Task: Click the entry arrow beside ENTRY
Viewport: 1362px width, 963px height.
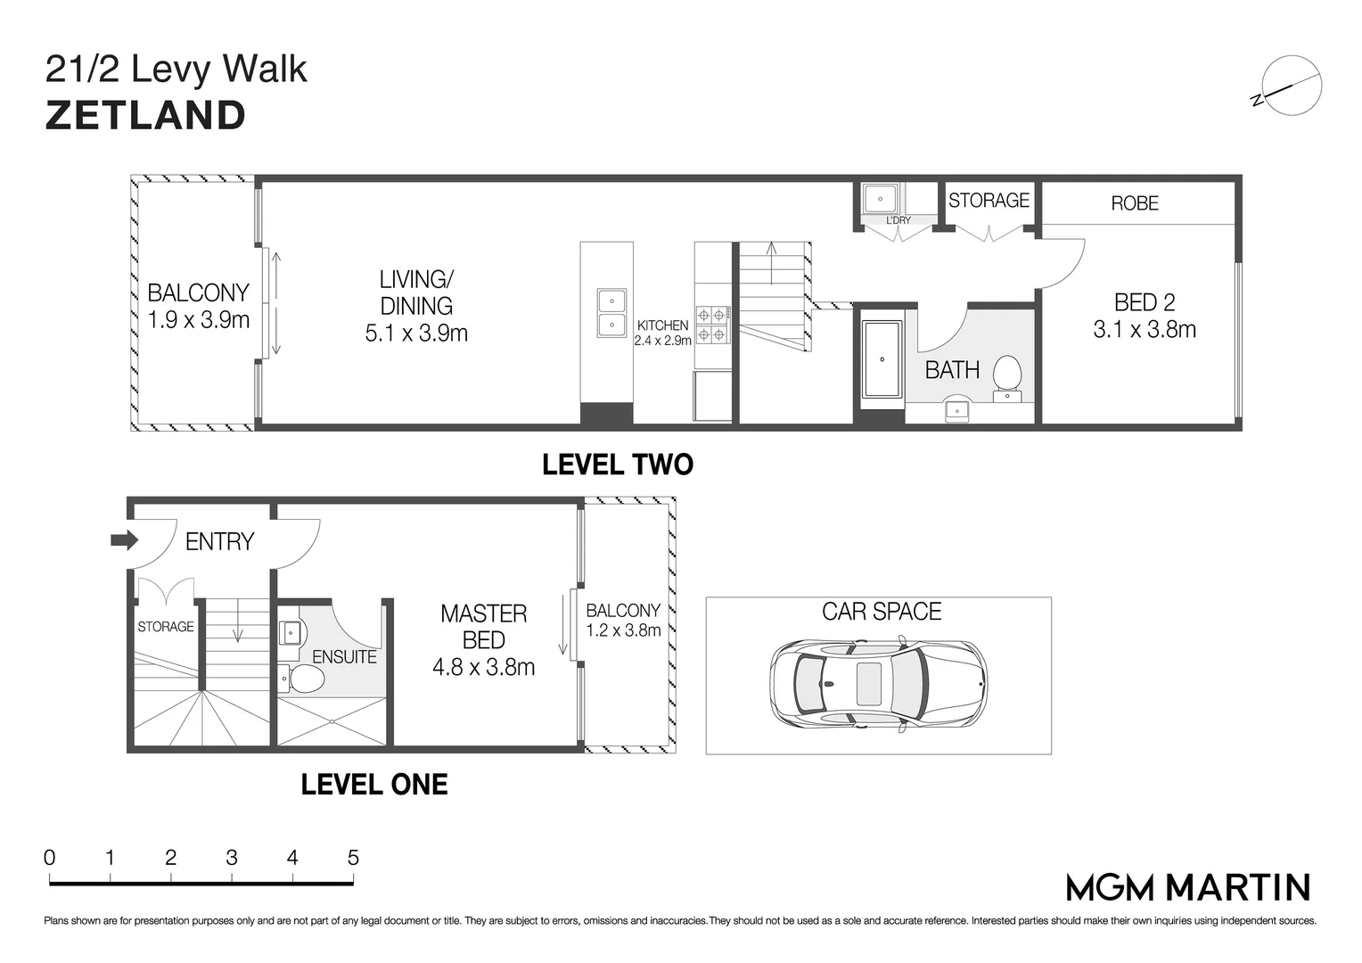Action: coord(124,540)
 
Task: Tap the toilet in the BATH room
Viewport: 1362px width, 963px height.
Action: coord(1007,377)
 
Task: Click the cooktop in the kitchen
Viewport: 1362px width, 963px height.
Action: coord(712,325)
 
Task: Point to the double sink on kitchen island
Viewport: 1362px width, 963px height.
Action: coord(611,313)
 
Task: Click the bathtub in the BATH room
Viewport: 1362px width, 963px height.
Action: coord(882,359)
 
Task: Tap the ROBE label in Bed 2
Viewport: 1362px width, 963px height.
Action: coord(1135,203)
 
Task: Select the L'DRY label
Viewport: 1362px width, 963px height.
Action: coord(898,220)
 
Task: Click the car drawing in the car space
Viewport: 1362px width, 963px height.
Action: coord(878,682)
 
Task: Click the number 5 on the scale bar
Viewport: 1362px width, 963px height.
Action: coord(353,858)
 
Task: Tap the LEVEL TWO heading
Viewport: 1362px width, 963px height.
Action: coord(617,465)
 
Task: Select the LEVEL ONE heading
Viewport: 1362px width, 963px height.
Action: coord(374,785)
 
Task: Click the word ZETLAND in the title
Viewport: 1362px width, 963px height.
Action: coord(145,116)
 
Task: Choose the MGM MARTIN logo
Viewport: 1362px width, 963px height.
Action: coord(1188,887)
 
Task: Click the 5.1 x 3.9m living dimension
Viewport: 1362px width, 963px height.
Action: coord(416,333)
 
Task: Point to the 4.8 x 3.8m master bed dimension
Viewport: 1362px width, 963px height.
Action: coord(483,667)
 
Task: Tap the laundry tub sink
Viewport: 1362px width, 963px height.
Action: coord(879,197)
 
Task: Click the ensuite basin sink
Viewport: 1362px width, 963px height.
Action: coord(291,633)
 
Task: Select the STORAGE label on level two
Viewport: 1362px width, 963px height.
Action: coord(989,200)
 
